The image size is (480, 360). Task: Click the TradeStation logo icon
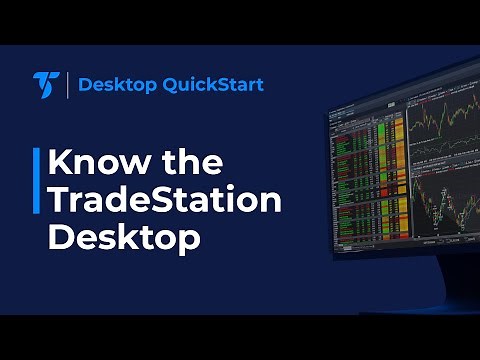45,84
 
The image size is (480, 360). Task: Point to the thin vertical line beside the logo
67,84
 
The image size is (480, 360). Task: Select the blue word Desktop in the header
110,84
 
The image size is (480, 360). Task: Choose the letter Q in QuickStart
159,85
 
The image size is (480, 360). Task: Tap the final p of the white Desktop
188,242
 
